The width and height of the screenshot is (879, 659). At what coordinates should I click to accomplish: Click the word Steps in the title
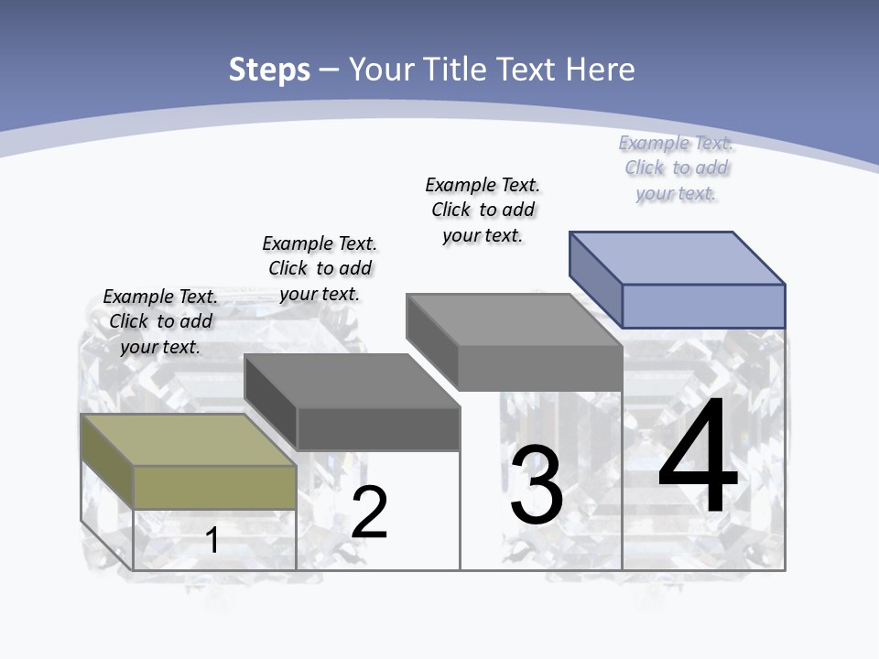point(269,70)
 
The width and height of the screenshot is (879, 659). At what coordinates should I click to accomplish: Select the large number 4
point(698,458)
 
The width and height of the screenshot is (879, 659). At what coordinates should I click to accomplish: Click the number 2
point(369,513)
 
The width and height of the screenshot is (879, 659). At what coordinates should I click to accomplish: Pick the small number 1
point(212,540)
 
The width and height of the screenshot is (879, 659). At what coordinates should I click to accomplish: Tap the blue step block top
point(678,257)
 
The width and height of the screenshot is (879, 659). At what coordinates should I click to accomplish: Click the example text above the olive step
point(160,321)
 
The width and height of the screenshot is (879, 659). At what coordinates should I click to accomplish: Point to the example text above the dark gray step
point(320,268)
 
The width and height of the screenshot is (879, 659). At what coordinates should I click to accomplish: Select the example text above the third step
point(483,210)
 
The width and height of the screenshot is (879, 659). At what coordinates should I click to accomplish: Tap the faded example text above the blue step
point(677,167)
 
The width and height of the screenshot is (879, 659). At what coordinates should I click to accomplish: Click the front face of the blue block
point(703,306)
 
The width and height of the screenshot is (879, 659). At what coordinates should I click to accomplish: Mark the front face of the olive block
point(214,487)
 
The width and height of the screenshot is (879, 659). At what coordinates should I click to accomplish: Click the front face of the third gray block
point(540,368)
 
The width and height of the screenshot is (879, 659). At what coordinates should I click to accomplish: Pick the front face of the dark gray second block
point(377,428)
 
